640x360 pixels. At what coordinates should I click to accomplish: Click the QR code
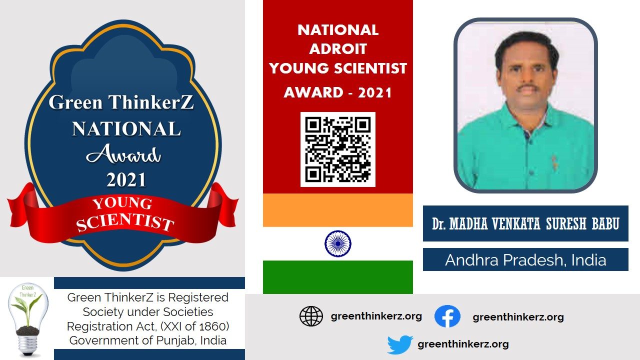point(337,149)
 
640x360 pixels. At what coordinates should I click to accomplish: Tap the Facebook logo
point(447,316)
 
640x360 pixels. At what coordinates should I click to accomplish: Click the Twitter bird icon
point(400,344)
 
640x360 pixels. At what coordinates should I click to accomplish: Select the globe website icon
point(311,316)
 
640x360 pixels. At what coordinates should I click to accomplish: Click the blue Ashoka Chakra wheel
point(337,243)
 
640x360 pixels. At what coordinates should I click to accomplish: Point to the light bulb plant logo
point(27,320)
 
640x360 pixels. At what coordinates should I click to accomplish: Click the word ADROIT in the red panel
point(338,49)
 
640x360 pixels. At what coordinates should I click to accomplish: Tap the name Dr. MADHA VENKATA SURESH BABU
point(525,223)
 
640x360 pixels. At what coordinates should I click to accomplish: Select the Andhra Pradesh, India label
point(525,259)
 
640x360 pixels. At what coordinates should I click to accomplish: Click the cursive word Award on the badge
point(123,154)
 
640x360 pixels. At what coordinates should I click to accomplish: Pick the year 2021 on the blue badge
point(126,179)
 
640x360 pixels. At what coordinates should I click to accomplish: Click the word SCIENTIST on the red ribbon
point(125,223)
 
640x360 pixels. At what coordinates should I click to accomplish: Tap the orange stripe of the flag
point(337,210)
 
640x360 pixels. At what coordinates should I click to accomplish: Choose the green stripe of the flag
point(337,277)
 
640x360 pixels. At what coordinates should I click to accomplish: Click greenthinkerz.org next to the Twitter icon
point(463,344)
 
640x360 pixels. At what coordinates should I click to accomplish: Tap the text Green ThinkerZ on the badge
point(121,102)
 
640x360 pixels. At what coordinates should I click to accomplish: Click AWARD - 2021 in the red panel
point(337,92)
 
